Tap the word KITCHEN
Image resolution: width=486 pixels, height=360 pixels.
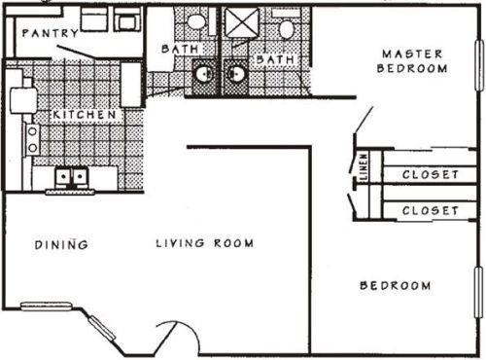tap(86, 115)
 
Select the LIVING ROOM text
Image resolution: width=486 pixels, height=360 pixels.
tap(205, 243)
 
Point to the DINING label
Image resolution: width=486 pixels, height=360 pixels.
tap(62, 244)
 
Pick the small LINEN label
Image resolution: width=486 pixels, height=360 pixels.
tap(364, 167)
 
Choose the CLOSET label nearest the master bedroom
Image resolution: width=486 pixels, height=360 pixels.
tap(430, 175)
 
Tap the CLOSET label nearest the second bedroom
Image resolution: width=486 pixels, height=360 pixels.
tap(430, 210)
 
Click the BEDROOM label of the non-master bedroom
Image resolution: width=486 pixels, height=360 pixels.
tap(396, 285)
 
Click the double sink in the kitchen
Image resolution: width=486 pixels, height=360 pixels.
tap(70, 177)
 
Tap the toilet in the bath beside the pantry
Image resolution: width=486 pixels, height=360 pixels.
tap(197, 20)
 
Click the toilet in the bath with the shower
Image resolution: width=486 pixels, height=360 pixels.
tap(286, 28)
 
